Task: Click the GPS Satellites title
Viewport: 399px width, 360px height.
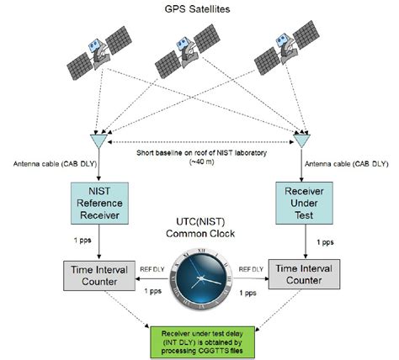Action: coord(199,10)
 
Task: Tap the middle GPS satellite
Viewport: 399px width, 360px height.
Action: coord(194,56)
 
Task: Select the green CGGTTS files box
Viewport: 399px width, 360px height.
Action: coord(199,335)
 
